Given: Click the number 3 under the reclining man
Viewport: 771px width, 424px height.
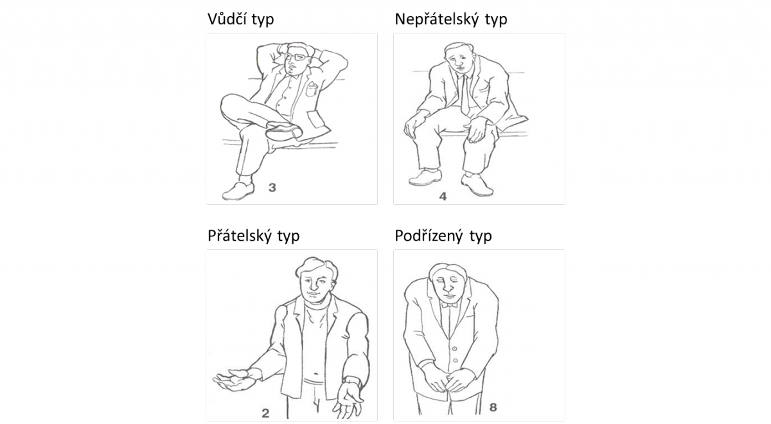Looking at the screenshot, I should click(272, 188).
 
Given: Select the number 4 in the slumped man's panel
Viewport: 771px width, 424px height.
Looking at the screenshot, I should click(443, 195).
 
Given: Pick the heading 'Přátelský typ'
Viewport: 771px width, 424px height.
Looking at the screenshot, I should click(254, 236).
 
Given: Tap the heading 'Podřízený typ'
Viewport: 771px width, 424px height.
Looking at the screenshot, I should click(443, 236).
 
